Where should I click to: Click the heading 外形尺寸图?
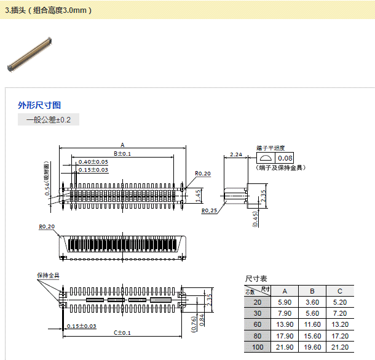(39, 105)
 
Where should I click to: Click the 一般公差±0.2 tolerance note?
(49, 120)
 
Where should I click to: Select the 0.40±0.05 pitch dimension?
(93, 161)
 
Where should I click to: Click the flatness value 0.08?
(286, 158)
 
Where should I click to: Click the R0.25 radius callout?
(210, 210)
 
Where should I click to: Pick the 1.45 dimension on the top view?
(199, 195)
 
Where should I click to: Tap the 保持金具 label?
(48, 275)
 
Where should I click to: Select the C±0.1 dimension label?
(122, 332)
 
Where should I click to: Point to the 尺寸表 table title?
(256, 279)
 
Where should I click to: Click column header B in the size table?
(312, 291)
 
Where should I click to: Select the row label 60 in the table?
(258, 324)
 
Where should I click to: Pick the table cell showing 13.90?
(284, 324)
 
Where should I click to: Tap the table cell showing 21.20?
(339, 348)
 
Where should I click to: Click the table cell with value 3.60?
(312, 302)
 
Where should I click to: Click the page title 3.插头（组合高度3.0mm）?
(49, 10)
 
